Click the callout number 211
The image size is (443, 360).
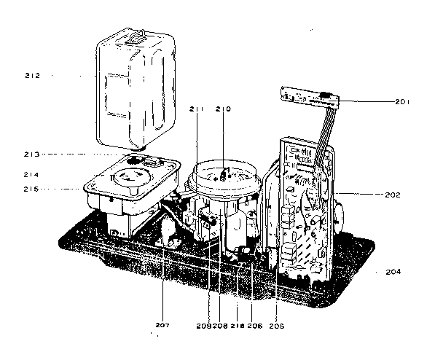pos(197,109)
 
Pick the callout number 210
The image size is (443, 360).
pos(224,109)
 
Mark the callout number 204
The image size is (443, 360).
pos(394,271)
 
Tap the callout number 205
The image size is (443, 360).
pos(278,325)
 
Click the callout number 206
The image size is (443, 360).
pos(255,325)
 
